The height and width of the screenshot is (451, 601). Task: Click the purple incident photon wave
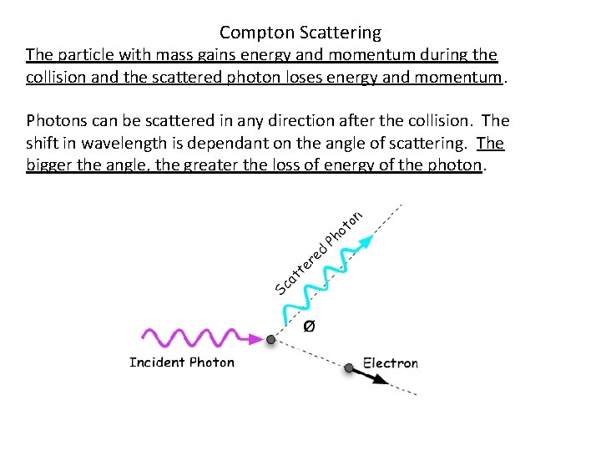[x=189, y=337]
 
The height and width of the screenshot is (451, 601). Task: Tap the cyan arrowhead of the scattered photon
[x=366, y=242]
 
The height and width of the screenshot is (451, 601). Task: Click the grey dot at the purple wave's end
[x=270, y=340]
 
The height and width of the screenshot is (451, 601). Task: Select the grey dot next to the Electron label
[x=349, y=367]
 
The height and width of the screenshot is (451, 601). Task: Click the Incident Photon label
[x=182, y=362]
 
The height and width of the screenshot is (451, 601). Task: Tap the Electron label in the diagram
[x=390, y=363]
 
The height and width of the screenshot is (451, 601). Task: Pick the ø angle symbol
[x=308, y=326]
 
